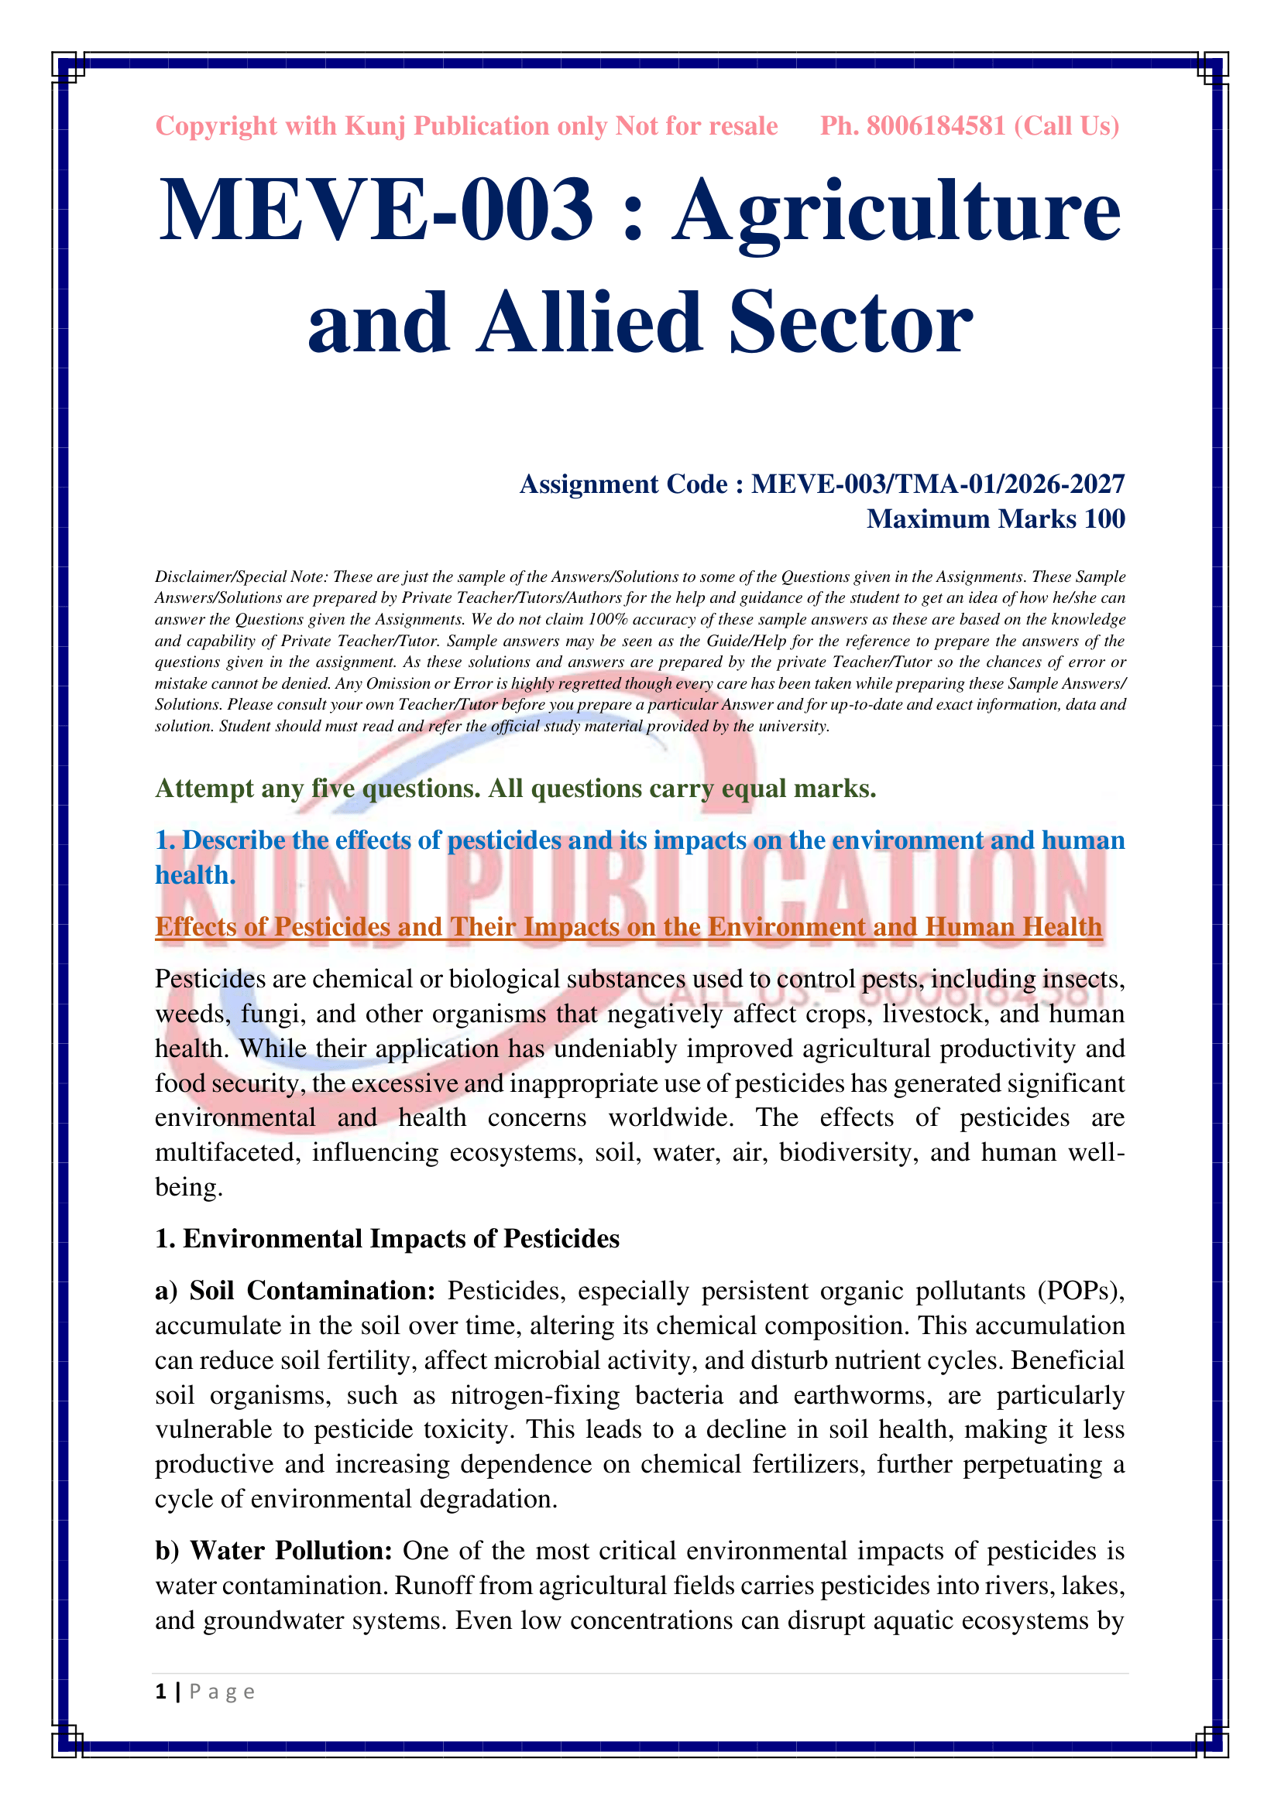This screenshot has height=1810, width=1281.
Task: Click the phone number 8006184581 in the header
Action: tap(936, 126)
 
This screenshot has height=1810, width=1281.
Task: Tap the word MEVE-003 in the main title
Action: tap(376, 210)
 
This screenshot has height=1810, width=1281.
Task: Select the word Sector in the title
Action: tap(850, 323)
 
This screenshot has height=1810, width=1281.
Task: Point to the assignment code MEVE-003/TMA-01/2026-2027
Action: tap(938, 484)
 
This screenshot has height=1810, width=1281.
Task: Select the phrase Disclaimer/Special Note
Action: tap(241, 577)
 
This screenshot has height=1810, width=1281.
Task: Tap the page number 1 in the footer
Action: tap(161, 1692)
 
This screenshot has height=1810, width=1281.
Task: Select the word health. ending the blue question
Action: tap(195, 875)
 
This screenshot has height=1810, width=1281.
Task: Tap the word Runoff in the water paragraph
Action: tap(433, 1586)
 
